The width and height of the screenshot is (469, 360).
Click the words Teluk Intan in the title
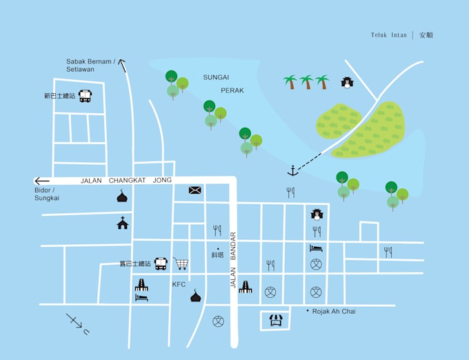(389, 35)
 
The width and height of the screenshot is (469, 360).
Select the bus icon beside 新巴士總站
(85, 97)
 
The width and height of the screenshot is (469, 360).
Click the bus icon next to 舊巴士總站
(161, 263)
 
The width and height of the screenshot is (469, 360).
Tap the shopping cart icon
(181, 263)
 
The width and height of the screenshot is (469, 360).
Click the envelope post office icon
(195, 190)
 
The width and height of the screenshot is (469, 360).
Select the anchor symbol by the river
(292, 170)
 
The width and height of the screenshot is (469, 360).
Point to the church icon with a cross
(122, 223)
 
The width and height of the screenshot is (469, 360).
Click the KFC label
(179, 284)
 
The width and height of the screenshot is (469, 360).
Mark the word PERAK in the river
(232, 90)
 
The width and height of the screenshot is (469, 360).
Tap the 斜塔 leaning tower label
(218, 255)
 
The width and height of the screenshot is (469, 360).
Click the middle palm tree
(306, 82)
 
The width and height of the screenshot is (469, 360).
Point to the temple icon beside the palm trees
(347, 83)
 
